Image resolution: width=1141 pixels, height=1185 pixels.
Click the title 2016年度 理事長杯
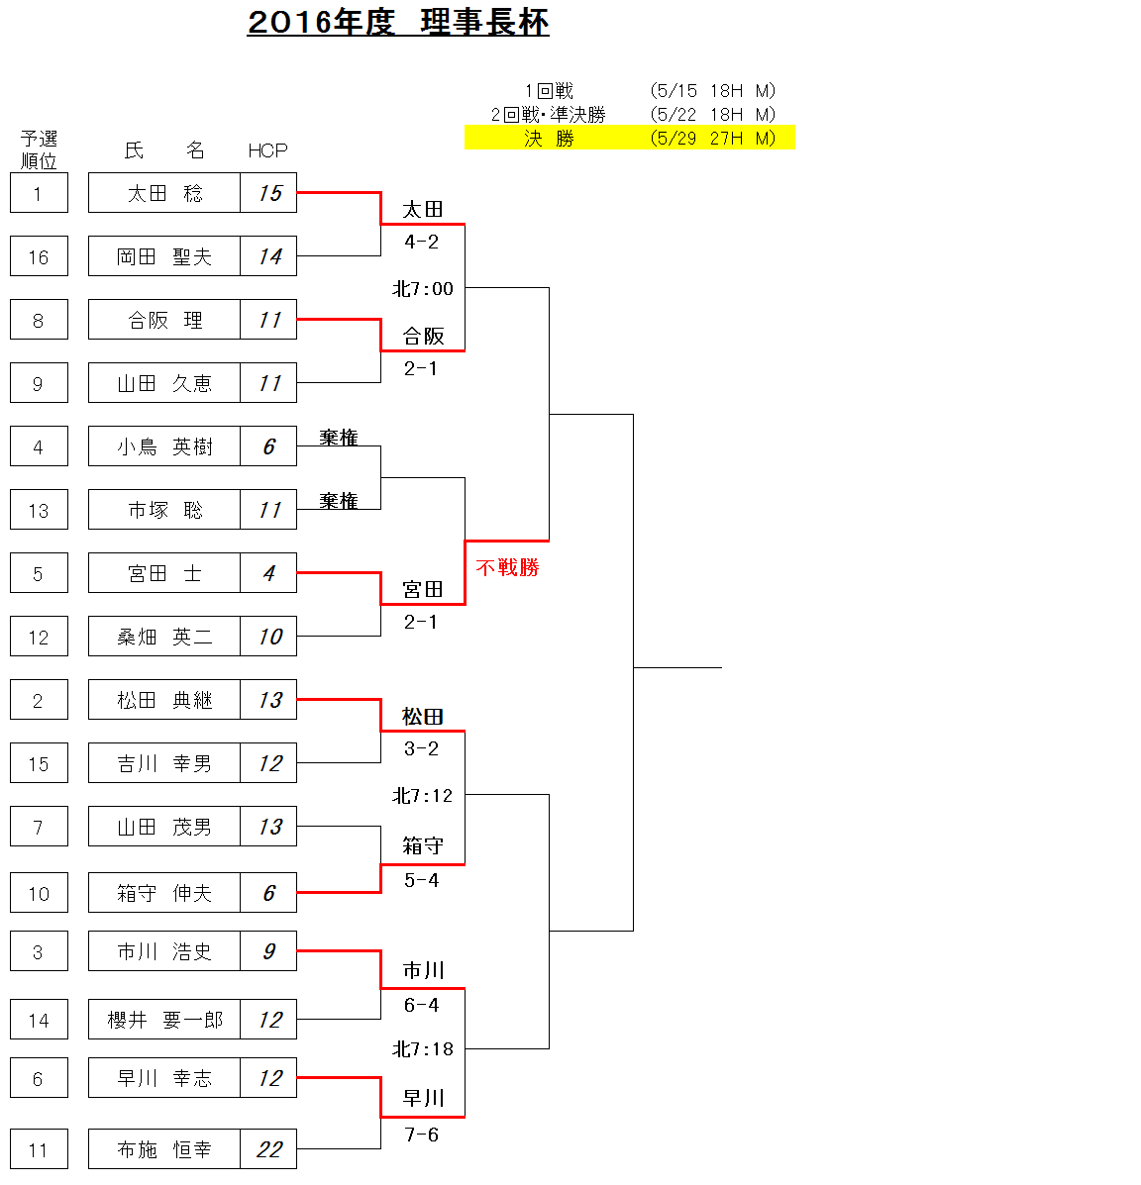[398, 22]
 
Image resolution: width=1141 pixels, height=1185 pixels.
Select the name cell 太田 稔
[164, 193]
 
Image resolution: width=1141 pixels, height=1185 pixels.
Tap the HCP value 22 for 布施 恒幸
[268, 1148]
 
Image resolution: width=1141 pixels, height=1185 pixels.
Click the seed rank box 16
[39, 256]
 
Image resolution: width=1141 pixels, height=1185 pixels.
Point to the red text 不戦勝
[507, 567]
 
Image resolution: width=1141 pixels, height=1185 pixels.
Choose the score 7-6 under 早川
[421, 1135]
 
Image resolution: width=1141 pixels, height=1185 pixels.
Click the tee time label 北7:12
[422, 795]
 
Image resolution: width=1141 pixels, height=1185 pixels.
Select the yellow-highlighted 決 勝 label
[549, 139]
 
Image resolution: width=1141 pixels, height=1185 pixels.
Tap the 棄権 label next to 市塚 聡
[338, 500]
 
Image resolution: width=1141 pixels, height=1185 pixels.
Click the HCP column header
[267, 150]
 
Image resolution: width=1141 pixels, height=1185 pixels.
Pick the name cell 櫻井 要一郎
[164, 1020]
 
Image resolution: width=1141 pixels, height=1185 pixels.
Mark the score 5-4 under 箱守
[421, 880]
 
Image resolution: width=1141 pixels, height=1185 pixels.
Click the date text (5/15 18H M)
[713, 91]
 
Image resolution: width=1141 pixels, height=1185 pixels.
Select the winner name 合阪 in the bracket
[423, 336]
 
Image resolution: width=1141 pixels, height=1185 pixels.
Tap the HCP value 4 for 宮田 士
[268, 573]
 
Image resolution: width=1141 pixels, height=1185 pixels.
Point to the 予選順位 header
[39, 149]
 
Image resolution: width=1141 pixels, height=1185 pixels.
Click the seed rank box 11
[39, 1148]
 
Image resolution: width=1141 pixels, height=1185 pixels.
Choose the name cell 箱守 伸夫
[164, 893]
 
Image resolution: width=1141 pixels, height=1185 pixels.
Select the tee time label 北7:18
[422, 1049]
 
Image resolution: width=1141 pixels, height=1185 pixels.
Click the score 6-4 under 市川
[421, 1005]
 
